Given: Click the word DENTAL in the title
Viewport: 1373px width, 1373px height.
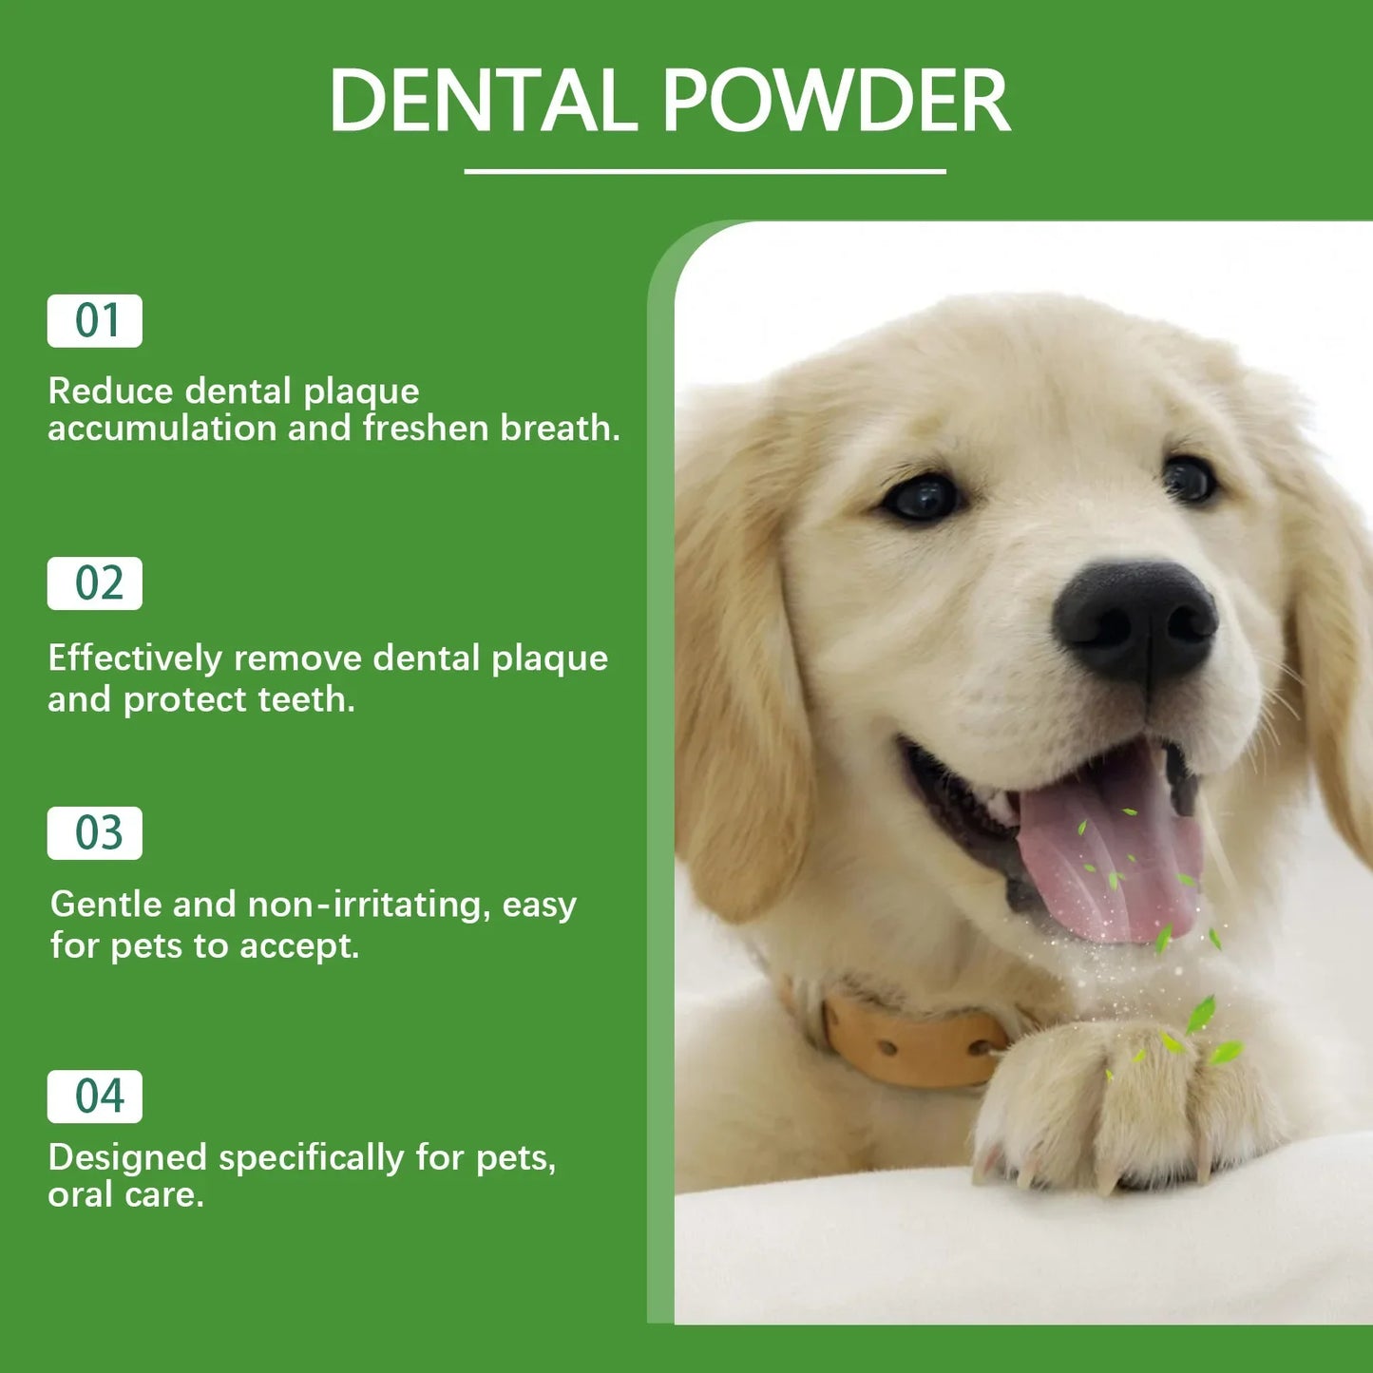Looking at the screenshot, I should pyautogui.click(x=482, y=101).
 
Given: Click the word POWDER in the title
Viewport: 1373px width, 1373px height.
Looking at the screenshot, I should pyautogui.click(x=835, y=101).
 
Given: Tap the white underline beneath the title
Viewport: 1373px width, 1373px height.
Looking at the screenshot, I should pyautogui.click(x=704, y=172).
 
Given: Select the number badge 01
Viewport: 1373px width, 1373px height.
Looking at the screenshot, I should pyautogui.click(x=95, y=321).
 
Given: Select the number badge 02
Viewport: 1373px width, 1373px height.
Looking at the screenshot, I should pyautogui.click(x=95, y=583).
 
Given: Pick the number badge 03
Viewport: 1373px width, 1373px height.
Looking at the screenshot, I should pyautogui.click(x=95, y=833).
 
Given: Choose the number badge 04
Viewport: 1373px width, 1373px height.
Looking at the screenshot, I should pyautogui.click(x=95, y=1096).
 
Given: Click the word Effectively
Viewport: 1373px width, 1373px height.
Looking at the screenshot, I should pyautogui.click(x=135, y=658).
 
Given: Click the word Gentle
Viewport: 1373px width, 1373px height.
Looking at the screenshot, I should pyautogui.click(x=105, y=905).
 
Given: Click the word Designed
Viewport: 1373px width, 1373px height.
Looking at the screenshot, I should pyautogui.click(x=127, y=1158).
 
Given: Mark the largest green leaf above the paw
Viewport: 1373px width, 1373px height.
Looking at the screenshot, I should pyautogui.click(x=1201, y=1015).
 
